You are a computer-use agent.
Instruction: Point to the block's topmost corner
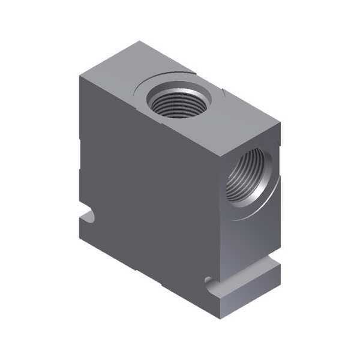(x=139, y=41)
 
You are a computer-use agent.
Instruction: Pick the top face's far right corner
(x=281, y=124)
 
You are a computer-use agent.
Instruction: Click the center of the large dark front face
(x=150, y=192)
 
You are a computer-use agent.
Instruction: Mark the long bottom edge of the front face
(x=150, y=276)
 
